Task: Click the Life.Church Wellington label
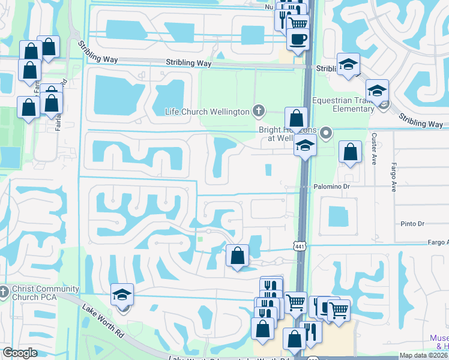click(x=207, y=112)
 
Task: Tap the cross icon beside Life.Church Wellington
click(x=258, y=110)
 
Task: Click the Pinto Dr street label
click(x=412, y=224)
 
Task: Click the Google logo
click(x=20, y=353)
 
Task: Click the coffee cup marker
click(x=297, y=39)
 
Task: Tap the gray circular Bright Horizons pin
click(x=326, y=133)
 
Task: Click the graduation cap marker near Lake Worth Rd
click(x=122, y=295)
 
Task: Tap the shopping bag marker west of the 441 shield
click(x=238, y=256)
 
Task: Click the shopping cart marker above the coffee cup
click(x=297, y=23)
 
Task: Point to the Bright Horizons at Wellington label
click(x=282, y=134)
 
